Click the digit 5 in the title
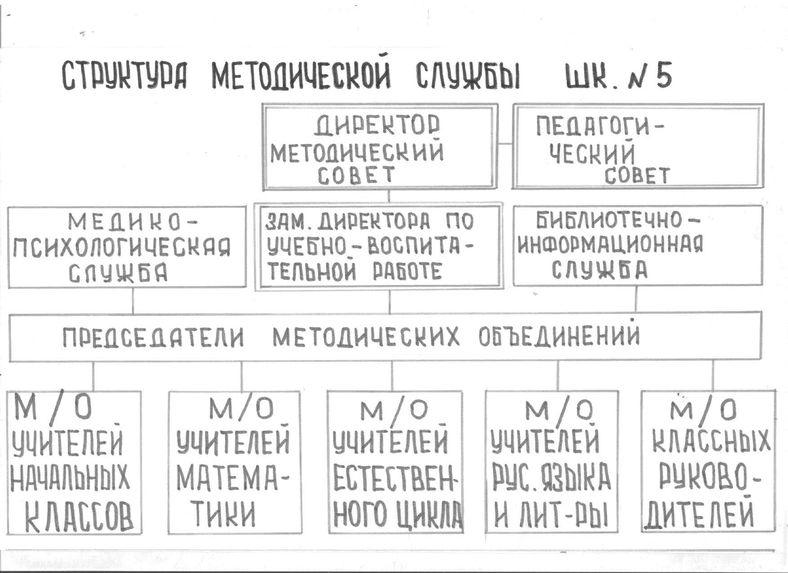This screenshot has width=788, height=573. pos(663,76)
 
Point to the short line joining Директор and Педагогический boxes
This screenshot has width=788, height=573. pos(505,144)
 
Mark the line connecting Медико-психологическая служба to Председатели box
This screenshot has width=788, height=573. pos(133,300)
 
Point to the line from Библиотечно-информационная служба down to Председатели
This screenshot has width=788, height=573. pos(636,298)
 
